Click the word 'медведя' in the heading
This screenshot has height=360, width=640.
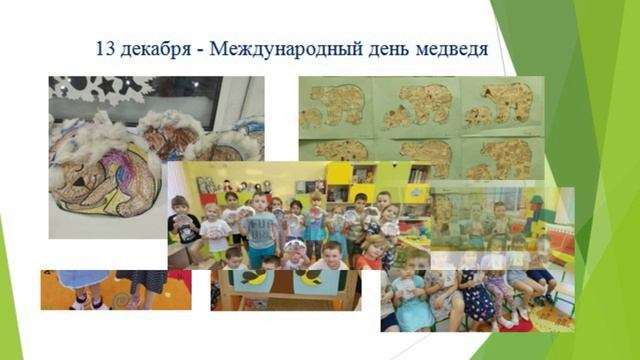(x=450, y=47)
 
